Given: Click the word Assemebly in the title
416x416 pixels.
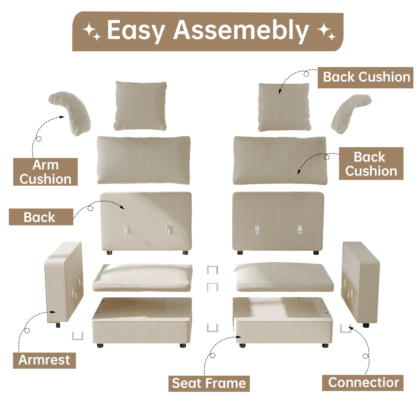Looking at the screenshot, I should pos(241,30).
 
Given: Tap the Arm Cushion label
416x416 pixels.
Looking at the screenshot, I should pos(45,172).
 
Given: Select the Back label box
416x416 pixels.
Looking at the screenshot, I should pos(41,217).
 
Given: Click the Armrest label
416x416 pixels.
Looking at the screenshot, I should pos(44,360).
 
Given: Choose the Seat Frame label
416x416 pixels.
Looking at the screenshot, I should pos(209,383).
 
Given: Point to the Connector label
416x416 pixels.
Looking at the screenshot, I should pos(363,382).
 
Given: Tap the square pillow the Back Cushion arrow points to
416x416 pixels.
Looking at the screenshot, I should pos(284,107).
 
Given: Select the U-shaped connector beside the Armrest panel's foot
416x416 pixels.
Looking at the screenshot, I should pos(77,336).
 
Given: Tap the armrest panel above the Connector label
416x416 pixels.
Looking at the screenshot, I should pos(360,282).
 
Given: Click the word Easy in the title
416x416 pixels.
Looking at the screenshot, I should pos(136,30).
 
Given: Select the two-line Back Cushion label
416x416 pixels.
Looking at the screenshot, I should pos(371,164).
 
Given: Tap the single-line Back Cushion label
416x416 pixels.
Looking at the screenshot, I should pos(365,77).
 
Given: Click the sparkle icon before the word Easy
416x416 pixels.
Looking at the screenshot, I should pos(92,31).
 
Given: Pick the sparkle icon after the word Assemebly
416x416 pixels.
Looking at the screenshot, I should pos(327,31).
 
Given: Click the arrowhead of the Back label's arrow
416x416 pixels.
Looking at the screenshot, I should pos(122,207).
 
